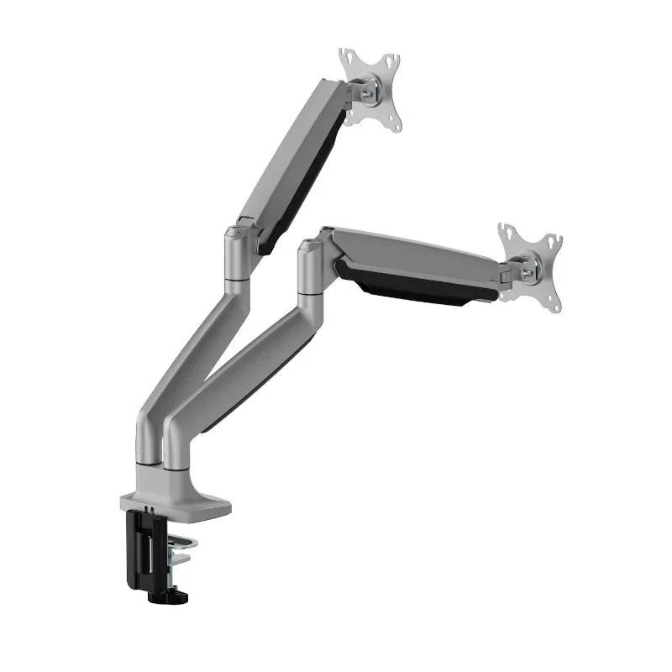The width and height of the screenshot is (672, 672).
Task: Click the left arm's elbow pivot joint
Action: (x=236, y=252)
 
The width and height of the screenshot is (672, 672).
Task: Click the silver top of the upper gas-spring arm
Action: (x=286, y=151)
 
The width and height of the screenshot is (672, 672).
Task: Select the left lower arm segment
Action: (x=181, y=370)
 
